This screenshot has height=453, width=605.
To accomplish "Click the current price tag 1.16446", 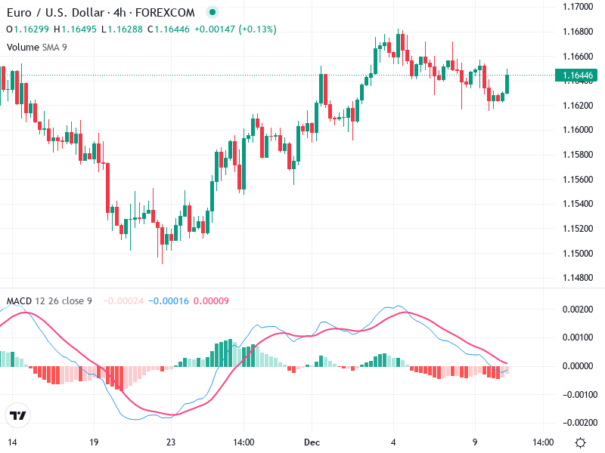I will coord(578,75).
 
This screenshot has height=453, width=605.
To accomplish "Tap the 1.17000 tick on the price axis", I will coord(578,7).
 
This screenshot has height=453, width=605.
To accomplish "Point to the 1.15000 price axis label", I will coord(578,253).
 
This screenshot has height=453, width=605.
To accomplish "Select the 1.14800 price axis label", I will coord(578,278).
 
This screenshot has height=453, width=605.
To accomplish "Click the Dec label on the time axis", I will coord(313,442).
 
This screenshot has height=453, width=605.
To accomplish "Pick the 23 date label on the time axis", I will coord(171,442).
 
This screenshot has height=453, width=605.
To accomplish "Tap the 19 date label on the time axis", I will coord(94,442).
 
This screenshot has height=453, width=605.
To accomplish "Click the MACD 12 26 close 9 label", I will coord(49,301).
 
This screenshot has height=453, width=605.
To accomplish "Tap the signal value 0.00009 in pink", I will coord(211,301).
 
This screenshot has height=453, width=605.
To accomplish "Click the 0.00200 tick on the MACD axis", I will coord(578,310).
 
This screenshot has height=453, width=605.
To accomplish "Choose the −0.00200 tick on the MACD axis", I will coord(576,422).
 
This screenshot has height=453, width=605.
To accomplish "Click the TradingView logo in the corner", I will coord(17,415).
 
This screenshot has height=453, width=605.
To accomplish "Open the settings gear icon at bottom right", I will coord(580,442).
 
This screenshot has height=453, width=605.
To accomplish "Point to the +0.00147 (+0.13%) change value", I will coord(235,29).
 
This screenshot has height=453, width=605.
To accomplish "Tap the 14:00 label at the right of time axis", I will coord(543,442).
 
